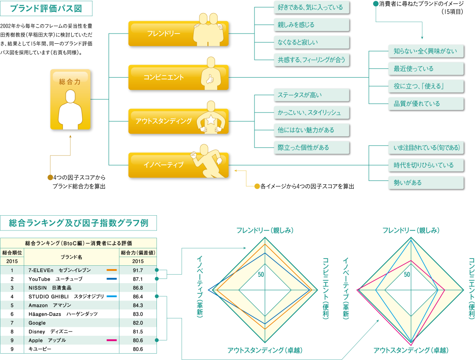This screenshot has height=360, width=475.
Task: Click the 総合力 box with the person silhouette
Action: coord(70,99)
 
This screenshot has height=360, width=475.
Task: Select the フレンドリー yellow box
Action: coord(178,34)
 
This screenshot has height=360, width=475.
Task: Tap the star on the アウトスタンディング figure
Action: coord(211,121)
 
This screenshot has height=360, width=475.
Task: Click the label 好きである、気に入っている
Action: coord(311,7)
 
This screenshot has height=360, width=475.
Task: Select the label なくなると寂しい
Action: coord(311,42)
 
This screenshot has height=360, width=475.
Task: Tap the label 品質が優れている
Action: coord(425,104)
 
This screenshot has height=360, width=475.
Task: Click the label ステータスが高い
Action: coord(311,95)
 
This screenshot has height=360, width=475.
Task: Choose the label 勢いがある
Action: coord(425,183)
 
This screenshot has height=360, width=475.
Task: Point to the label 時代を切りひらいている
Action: coord(425,165)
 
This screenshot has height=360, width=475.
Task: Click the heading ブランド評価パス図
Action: coord(46,8)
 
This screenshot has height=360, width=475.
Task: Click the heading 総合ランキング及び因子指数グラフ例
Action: coord(78,223)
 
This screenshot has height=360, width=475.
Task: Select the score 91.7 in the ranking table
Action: coord(138,270)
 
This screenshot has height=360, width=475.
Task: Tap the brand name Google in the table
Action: coord(37,323)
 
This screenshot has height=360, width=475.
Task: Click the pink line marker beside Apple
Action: coord(112,340)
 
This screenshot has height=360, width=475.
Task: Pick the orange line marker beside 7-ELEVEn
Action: coord(112,270)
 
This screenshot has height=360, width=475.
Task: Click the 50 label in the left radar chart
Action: coord(261,274)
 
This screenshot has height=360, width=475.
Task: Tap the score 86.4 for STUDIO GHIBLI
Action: coord(138,296)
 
